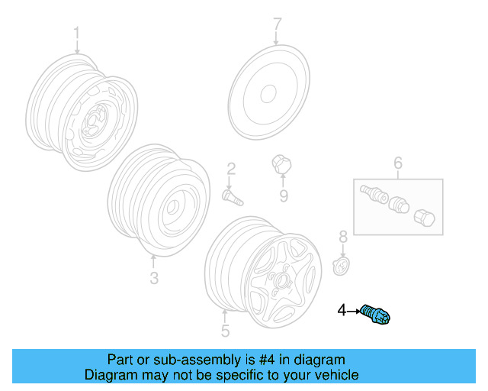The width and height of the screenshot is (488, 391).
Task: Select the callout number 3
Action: click(154, 278)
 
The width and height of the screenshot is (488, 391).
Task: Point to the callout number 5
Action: click(225, 331)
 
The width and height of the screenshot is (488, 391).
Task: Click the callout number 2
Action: click(230, 169)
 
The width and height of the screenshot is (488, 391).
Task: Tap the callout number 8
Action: click(343, 237)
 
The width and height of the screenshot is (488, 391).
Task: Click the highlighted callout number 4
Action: click(342, 310)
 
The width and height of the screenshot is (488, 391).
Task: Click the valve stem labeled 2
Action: click(232, 196)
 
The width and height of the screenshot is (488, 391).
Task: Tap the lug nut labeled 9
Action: click(281, 163)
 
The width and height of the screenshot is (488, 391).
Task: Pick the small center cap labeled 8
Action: click(342, 267)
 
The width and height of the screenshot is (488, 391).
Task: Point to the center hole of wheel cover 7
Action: click(268, 94)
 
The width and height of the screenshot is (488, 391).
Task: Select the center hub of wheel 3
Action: click(172, 206)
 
